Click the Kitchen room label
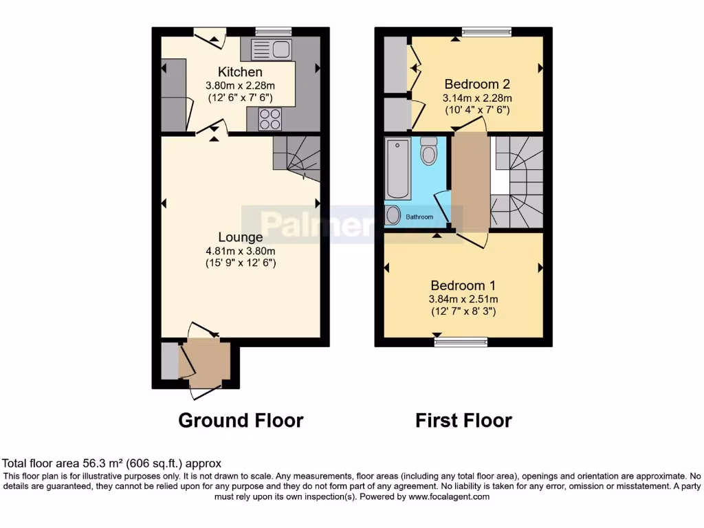coord(240,72)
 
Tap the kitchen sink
coord(272,49)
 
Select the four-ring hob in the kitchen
coord(270,120)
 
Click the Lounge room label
coord(241,237)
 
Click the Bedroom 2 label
coord(476,85)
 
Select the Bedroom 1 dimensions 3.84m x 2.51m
coord(463,299)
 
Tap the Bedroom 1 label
coord(463,285)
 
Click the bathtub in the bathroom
coord(398,168)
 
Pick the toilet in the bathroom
coord(429,151)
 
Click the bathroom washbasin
coord(393,216)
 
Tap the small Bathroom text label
coord(419,217)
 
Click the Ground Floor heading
coord(241,420)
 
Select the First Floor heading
coord(463,420)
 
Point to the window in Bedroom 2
coord(486,31)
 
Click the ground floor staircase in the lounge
coord(297,158)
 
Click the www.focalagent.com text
coord(450,496)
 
